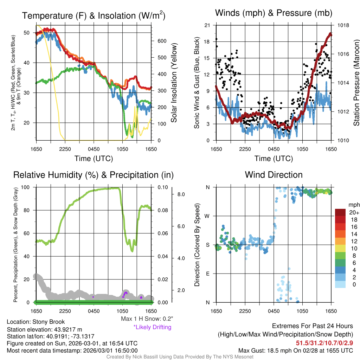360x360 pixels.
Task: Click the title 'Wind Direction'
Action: (x=274, y=175)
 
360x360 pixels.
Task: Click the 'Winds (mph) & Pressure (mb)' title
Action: (x=274, y=13)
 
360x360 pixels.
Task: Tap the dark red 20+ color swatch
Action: (x=341, y=212)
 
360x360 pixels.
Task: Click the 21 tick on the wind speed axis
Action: (x=207, y=25)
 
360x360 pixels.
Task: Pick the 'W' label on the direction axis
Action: (x=208, y=216)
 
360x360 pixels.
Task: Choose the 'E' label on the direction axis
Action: (x=208, y=274)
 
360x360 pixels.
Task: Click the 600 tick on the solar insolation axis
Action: (x=162, y=41)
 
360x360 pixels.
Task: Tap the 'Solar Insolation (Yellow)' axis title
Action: (x=174, y=83)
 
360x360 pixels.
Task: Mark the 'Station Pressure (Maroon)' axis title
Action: (x=356, y=83)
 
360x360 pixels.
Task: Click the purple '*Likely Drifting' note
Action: (x=152, y=327)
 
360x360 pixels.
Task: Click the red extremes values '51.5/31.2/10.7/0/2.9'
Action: (x=324, y=343)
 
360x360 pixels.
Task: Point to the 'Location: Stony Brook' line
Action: (x=36, y=322)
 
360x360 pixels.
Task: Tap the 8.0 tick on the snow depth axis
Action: (x=181, y=194)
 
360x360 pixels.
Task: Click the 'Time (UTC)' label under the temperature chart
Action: (x=94, y=159)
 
